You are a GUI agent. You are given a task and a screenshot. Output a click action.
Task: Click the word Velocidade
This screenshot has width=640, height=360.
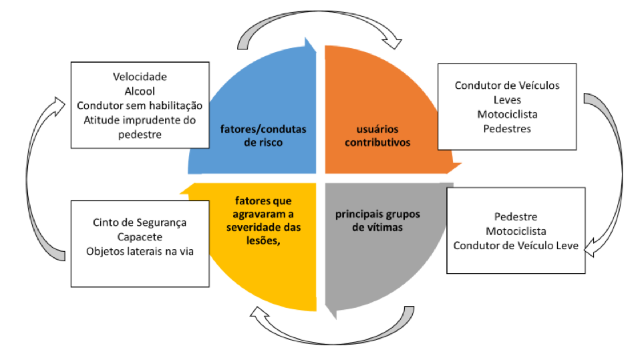coord(140,77)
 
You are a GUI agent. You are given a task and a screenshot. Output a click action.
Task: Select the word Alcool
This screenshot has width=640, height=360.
coord(140,91)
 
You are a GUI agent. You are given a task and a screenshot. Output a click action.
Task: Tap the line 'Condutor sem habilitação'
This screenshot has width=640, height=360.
coord(140,106)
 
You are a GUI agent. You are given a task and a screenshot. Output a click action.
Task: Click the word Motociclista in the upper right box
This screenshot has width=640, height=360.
coord(507,114)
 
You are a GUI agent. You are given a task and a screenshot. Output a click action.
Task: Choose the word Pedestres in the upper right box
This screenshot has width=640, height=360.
coord(507,128)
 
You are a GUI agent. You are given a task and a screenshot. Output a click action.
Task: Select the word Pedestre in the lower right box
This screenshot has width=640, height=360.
coord(515,217)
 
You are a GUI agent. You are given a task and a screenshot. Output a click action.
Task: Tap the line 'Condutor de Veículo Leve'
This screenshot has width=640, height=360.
coord(515,245)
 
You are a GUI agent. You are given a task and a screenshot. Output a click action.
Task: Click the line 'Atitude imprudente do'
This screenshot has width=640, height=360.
coord(140,120)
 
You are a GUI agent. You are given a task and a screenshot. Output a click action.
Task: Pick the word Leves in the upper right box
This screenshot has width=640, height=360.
coord(507,100)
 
